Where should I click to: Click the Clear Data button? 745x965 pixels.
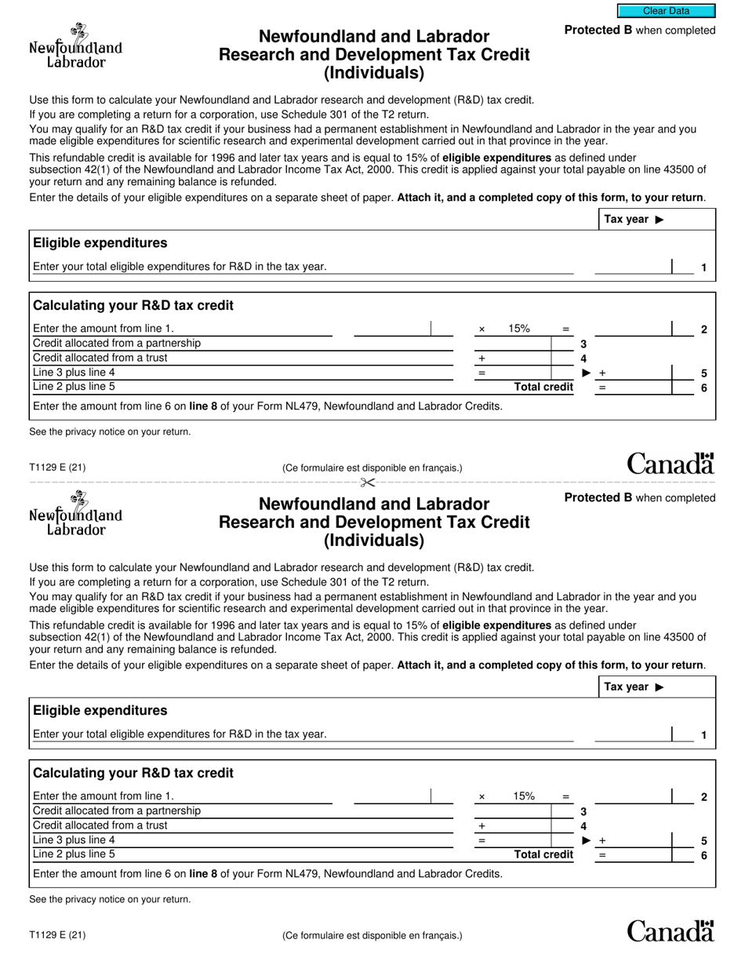pyautogui.click(x=666, y=11)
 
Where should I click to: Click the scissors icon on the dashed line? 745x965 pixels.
pyautogui.click(x=368, y=482)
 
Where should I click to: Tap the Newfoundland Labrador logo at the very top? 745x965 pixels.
pyautogui.click(x=75, y=46)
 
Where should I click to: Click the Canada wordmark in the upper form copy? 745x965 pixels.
pyautogui.click(x=670, y=464)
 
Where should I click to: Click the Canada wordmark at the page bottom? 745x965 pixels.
pyautogui.click(x=670, y=930)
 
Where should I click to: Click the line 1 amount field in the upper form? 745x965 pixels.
pyautogui.click(x=632, y=267)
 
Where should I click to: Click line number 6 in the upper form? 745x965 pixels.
pyautogui.click(x=703, y=388)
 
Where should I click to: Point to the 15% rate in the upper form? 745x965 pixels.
pyautogui.click(x=519, y=329)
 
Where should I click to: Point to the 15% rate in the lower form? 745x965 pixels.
pyautogui.click(x=524, y=796)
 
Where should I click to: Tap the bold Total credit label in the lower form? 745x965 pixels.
pyautogui.click(x=543, y=854)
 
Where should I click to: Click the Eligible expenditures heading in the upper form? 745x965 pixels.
pyautogui.click(x=100, y=243)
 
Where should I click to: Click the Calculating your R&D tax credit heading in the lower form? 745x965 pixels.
pyautogui.click(x=133, y=773)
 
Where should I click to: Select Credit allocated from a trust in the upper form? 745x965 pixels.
pyautogui.click(x=100, y=358)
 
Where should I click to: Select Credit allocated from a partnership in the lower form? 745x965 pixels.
pyautogui.click(x=116, y=810)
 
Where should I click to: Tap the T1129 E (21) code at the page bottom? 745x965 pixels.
pyautogui.click(x=57, y=934)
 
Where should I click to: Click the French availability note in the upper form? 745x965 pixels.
pyautogui.click(x=372, y=468)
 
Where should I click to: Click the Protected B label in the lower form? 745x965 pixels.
pyautogui.click(x=598, y=497)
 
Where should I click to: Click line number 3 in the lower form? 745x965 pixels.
pyautogui.click(x=583, y=811)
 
